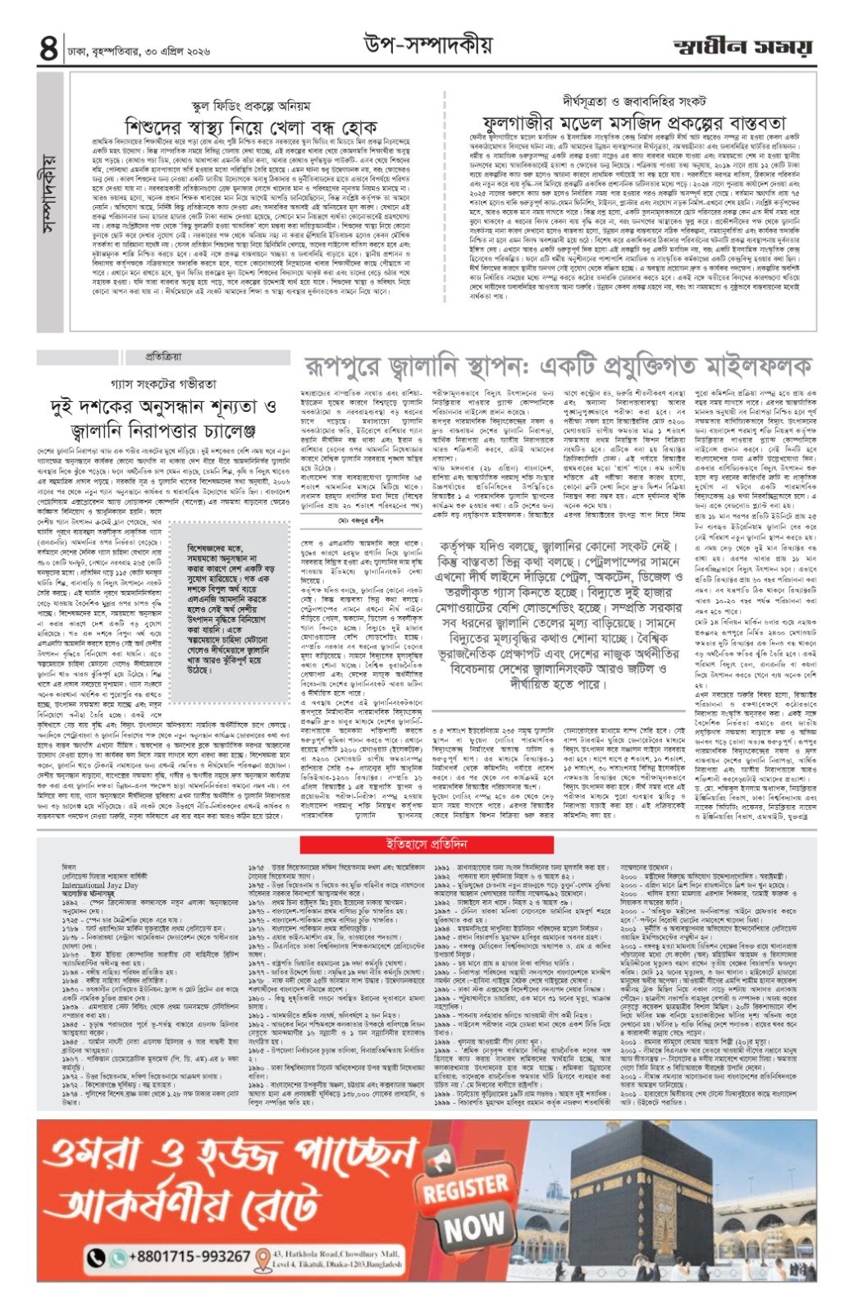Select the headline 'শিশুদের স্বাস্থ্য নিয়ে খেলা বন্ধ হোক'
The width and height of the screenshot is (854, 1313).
point(251,128)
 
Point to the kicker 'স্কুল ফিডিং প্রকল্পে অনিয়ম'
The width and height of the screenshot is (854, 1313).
point(250,107)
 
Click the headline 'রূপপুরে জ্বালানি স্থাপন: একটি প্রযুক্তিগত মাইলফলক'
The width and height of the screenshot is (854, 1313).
point(558,365)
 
